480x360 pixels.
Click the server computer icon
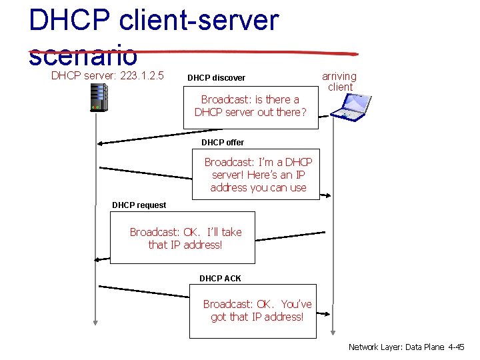(99, 97)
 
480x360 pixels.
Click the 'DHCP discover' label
(216, 78)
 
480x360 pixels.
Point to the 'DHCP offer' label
(223, 142)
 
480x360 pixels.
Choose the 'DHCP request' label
(139, 205)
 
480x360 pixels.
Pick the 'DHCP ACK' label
(220, 278)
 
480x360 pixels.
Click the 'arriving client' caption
(339, 81)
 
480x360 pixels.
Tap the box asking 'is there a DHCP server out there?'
(251, 106)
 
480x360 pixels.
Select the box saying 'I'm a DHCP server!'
(258, 174)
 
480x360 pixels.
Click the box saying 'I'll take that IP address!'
(185, 238)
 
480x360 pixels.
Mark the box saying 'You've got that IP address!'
(257, 310)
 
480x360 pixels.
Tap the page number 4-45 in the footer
(455, 347)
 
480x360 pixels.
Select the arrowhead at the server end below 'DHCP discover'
(101, 142)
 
